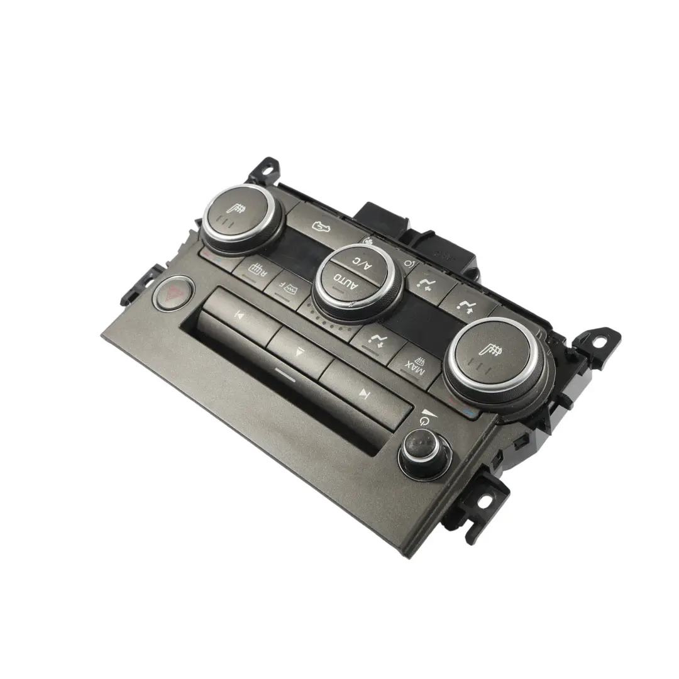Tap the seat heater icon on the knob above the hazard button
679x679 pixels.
[239, 207]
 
